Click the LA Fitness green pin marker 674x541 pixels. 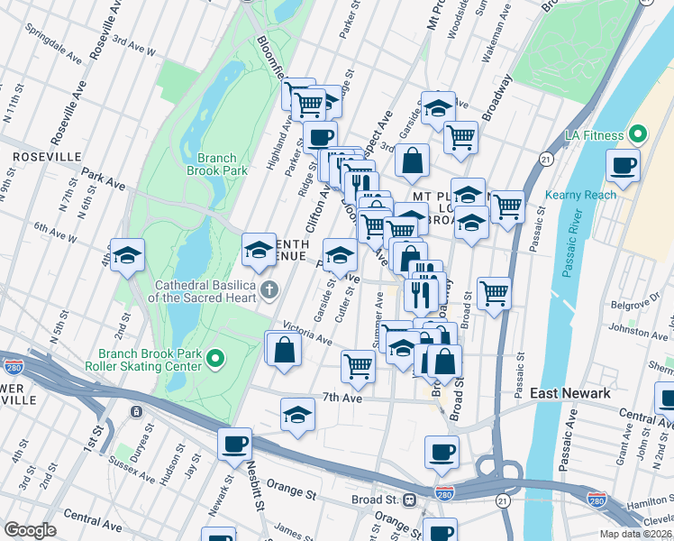click(639, 135)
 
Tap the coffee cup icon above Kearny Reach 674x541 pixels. click(623, 165)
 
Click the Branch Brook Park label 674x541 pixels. click(216, 163)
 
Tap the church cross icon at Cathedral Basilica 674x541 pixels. click(269, 290)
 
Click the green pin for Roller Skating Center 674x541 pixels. click(214, 360)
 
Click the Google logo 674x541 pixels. click(30, 530)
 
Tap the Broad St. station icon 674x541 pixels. click(410, 500)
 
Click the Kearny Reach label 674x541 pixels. click(581, 195)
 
